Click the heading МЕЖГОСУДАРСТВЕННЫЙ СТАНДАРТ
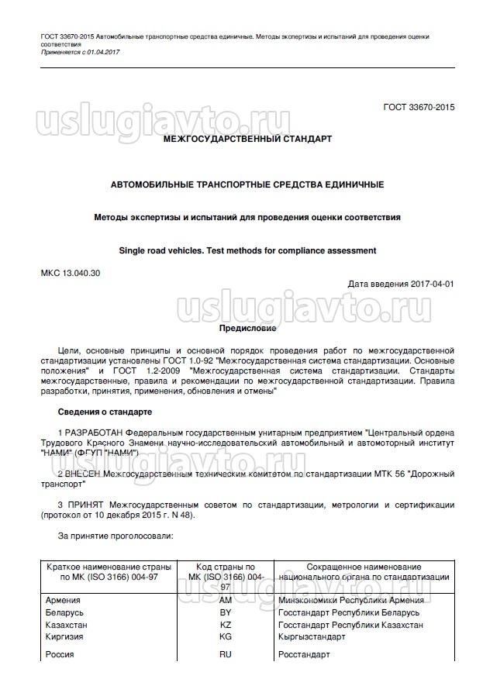pyautogui.click(x=247, y=140)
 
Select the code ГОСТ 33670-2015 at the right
pyautogui.click(x=419, y=107)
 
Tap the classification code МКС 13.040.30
pyautogui.click(x=70, y=272)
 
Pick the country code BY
pyautogui.click(x=226, y=612)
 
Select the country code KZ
pyautogui.click(x=226, y=625)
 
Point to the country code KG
pyautogui.click(x=226, y=636)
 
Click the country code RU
pyautogui.click(x=226, y=655)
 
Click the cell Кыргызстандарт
pyautogui.click(x=313, y=636)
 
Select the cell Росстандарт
pyautogui.click(x=304, y=655)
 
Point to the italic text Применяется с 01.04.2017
pyautogui.click(x=80, y=52)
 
